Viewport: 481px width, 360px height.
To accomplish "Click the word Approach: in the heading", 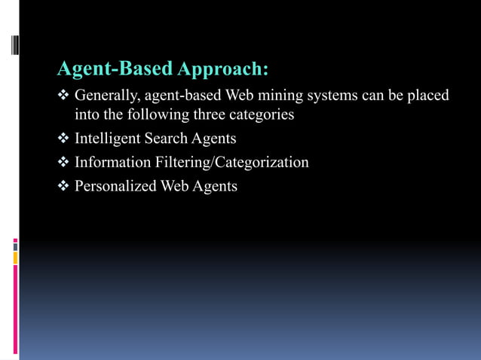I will (223, 70).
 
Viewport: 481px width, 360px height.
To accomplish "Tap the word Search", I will (167, 139).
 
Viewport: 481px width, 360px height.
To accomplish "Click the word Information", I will (109, 162).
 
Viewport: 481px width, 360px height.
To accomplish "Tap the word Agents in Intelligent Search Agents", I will (215, 139).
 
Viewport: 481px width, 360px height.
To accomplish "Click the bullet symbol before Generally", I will (63, 96).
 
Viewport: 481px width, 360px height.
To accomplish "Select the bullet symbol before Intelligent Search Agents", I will (63, 139).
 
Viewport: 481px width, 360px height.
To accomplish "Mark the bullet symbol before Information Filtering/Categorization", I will (63, 162).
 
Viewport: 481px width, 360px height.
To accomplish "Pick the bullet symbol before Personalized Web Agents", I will (63, 185).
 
